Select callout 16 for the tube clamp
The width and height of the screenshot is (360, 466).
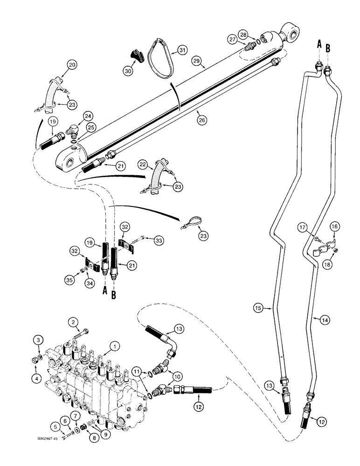(336, 227)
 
